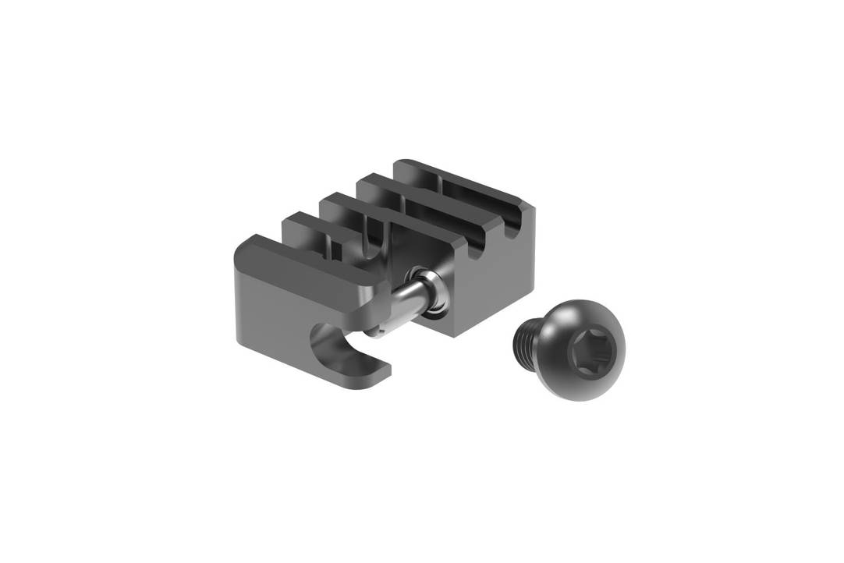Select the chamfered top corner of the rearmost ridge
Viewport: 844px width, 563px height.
(x=530, y=206)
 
